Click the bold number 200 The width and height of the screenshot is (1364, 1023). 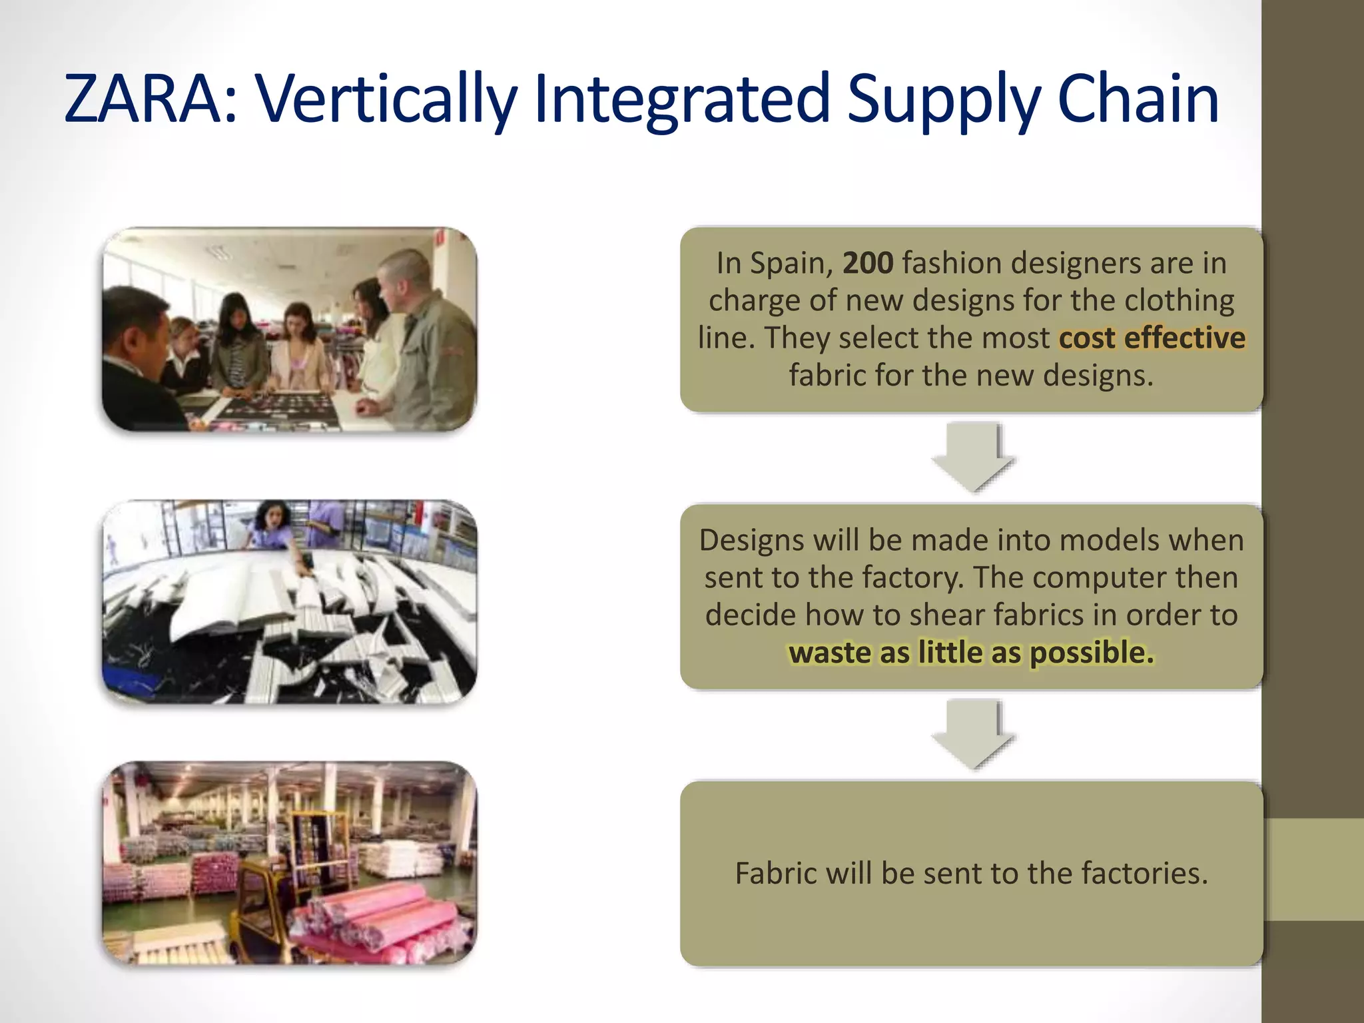(x=867, y=263)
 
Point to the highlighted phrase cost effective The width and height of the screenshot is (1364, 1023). (x=1152, y=338)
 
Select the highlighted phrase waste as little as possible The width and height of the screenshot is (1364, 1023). (x=971, y=653)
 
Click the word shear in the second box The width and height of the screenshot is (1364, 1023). (x=946, y=615)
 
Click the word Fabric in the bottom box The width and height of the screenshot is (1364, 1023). (x=773, y=873)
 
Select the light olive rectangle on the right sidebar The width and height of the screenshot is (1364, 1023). (x=1313, y=869)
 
